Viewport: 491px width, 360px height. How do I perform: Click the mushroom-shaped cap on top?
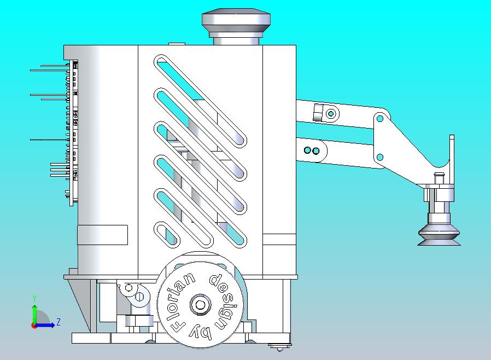tap(236, 26)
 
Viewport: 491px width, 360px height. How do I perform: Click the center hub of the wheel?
tap(200, 305)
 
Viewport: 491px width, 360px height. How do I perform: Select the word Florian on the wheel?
tap(183, 303)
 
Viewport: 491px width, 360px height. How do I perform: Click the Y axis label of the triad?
tap(34, 298)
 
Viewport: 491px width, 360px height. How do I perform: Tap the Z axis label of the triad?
tap(59, 322)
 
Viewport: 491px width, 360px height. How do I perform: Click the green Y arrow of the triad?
tap(34, 315)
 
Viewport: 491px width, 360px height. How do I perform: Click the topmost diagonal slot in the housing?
tap(201, 101)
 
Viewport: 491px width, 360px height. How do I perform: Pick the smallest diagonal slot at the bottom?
tap(167, 234)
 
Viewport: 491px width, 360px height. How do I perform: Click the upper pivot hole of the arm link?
tap(379, 119)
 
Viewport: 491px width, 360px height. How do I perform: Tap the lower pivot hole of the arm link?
tap(379, 157)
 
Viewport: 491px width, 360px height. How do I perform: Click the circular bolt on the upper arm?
tap(331, 113)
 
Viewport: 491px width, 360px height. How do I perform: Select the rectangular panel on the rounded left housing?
tap(102, 235)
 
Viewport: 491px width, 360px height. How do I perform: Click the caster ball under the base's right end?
tap(279, 348)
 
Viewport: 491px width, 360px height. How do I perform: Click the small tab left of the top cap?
tap(177, 44)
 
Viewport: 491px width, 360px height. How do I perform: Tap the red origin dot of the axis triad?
tap(33, 326)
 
